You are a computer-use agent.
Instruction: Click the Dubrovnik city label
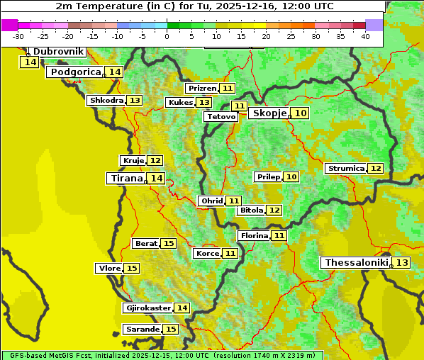pos(57,52)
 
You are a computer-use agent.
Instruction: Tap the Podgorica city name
pos(75,72)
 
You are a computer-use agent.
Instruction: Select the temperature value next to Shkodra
pos(134,101)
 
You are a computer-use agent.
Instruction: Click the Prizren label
pos(201,89)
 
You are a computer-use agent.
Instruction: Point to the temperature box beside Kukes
pos(203,103)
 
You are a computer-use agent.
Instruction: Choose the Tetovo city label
pos(221,116)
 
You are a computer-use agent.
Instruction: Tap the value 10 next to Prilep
pos(291,176)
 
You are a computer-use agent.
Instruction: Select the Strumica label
pos(346,169)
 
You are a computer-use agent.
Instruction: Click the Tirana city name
pos(125,178)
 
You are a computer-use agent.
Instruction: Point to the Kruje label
pos(133,161)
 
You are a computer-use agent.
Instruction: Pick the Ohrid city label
pos(211,201)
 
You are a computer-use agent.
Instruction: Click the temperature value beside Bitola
pos(274,210)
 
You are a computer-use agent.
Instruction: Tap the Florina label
pos(254,235)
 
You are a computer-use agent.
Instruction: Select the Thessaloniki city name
pos(355,263)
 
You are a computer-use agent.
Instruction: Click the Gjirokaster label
pos(147,308)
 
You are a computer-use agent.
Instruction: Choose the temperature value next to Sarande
pos(171,330)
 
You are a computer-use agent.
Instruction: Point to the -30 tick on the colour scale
pos(18,35)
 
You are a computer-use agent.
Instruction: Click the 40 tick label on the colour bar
pos(365,35)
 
